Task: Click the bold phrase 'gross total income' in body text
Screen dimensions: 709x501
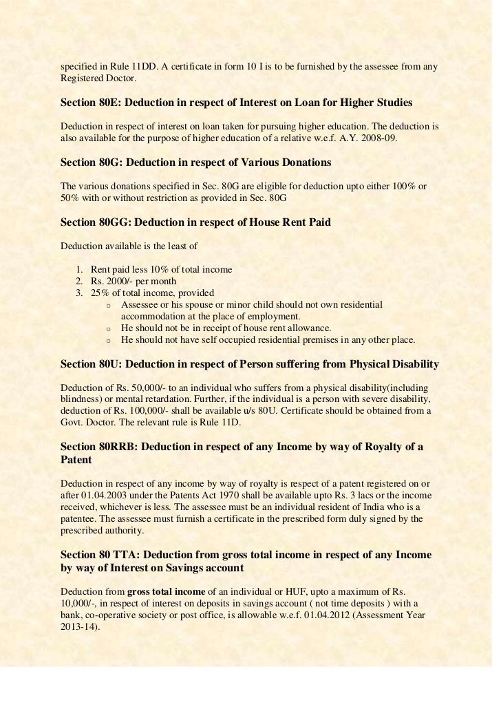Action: point(166,591)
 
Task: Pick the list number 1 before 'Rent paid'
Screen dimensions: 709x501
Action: point(79,269)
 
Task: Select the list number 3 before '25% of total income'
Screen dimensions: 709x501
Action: point(79,293)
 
